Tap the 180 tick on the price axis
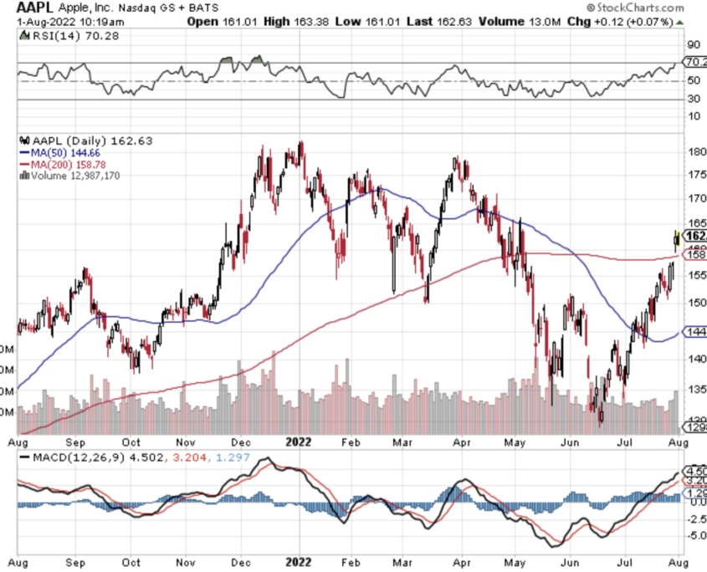click(x=693, y=152)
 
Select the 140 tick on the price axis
click(x=693, y=359)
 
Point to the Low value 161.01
click(x=371, y=20)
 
